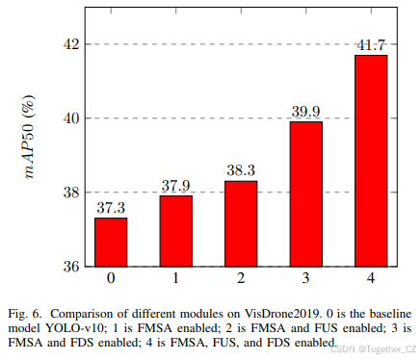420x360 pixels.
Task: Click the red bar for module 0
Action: coord(111,242)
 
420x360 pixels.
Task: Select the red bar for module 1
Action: coord(176,231)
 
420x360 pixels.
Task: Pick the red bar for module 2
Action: coord(241,223)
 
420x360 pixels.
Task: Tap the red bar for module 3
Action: coord(306,193)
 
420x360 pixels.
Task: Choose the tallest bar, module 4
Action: coord(371,160)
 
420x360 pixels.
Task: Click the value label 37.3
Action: coord(111,208)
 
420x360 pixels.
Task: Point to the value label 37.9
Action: coord(176,186)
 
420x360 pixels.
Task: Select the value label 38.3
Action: coord(241,170)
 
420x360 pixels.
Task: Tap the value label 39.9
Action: coord(306,112)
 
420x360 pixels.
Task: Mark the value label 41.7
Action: coord(371,45)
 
